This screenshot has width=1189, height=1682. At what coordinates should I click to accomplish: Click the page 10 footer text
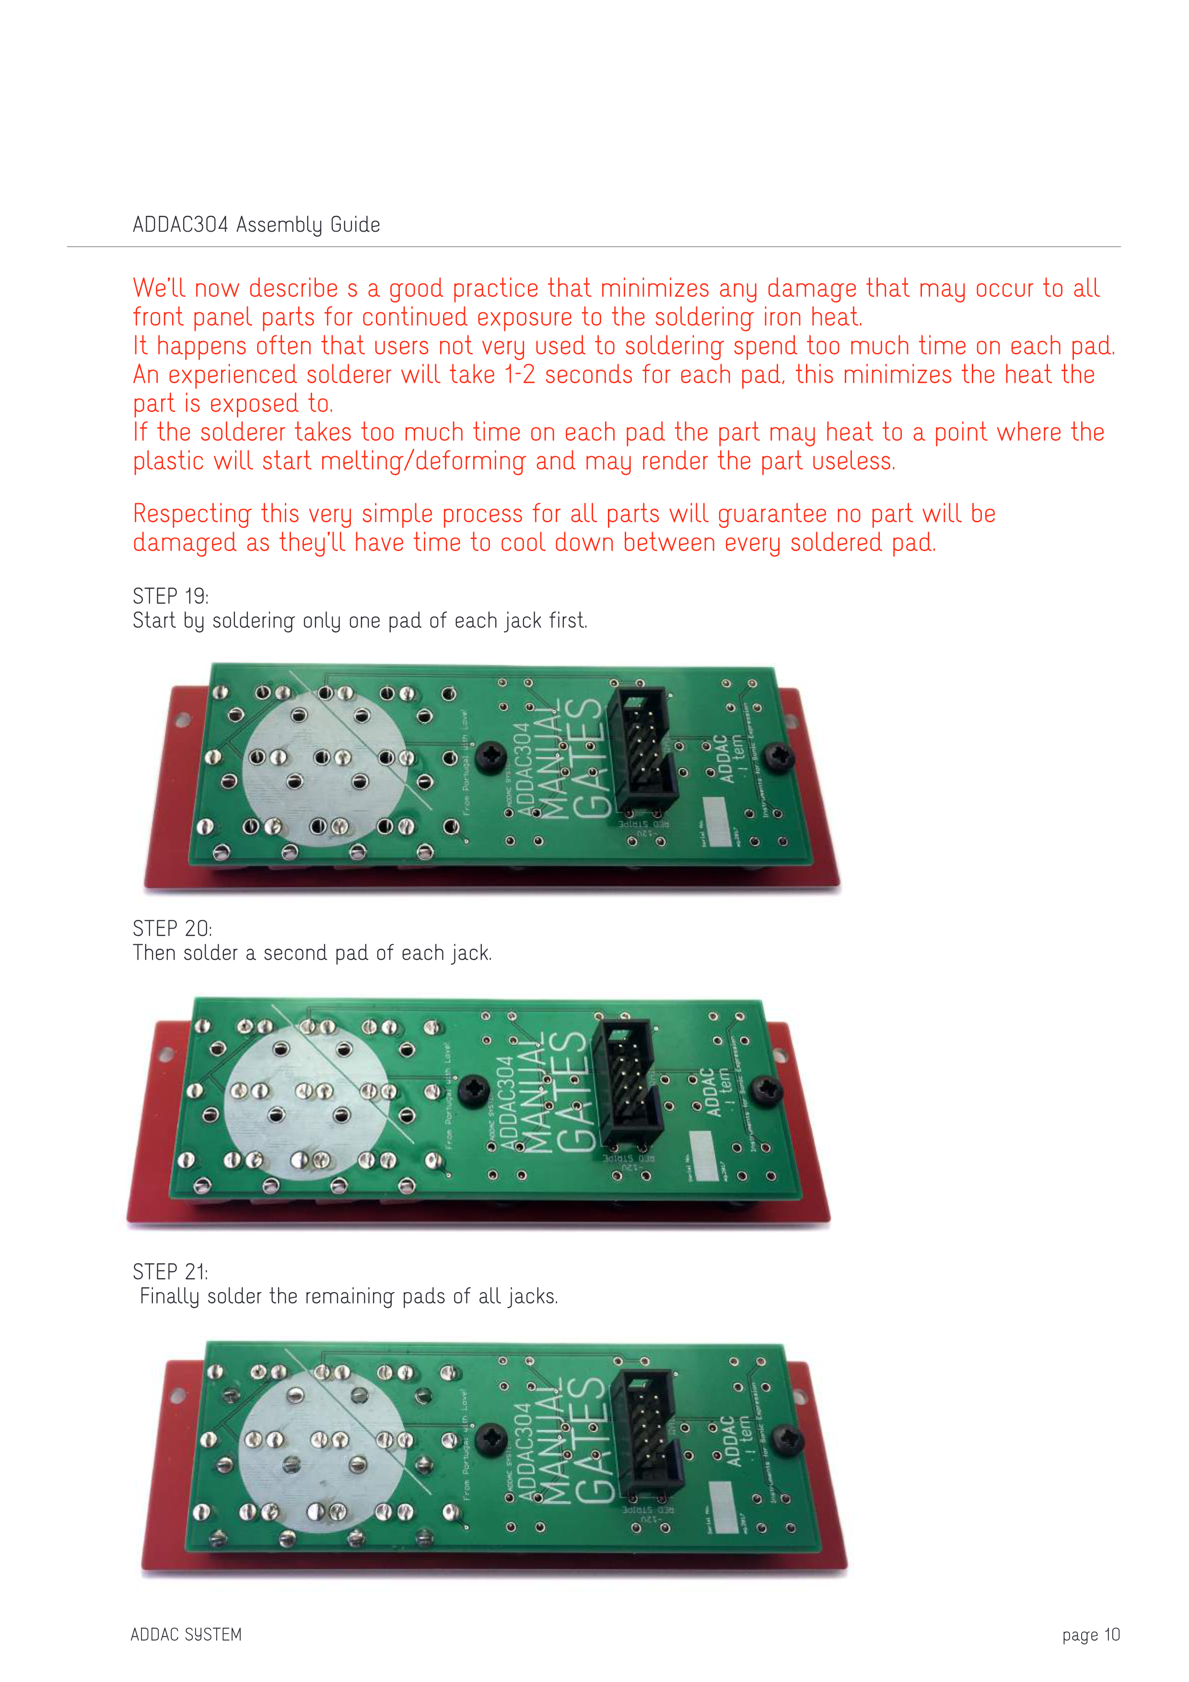pos(1090,1635)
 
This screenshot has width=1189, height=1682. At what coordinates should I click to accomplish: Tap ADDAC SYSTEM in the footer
pos(186,1635)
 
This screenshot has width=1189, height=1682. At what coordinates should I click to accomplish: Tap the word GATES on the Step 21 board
pos(589,1439)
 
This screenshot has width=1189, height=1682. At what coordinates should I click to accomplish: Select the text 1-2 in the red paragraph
pos(520,375)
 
